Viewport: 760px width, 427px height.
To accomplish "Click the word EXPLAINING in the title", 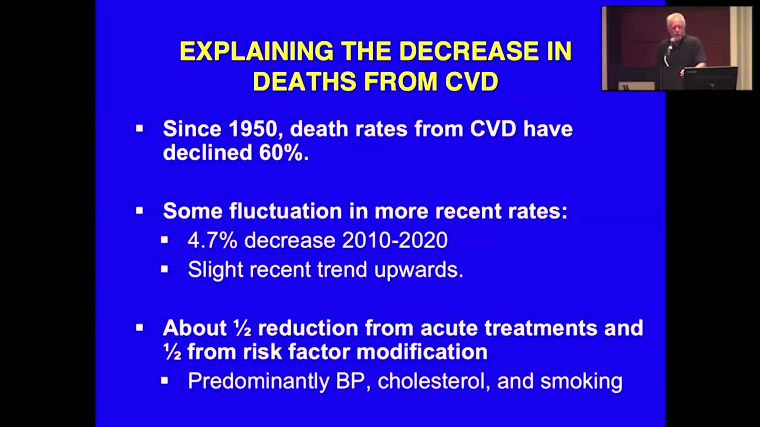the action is tap(256, 51).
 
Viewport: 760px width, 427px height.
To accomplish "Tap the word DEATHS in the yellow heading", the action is tap(304, 81).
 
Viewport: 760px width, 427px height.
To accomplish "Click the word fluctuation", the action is tap(286, 211).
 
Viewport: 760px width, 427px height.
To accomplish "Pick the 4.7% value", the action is tap(212, 240).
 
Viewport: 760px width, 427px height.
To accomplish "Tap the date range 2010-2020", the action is tap(395, 240).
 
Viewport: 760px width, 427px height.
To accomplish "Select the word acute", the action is tap(449, 328).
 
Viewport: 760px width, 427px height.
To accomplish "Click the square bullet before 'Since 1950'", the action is tap(139, 128).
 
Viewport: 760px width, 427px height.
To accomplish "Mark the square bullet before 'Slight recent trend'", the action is tap(164, 270).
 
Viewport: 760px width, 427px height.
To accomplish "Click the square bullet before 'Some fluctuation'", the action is tap(139, 210).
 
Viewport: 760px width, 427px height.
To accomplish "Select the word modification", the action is tap(422, 352).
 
